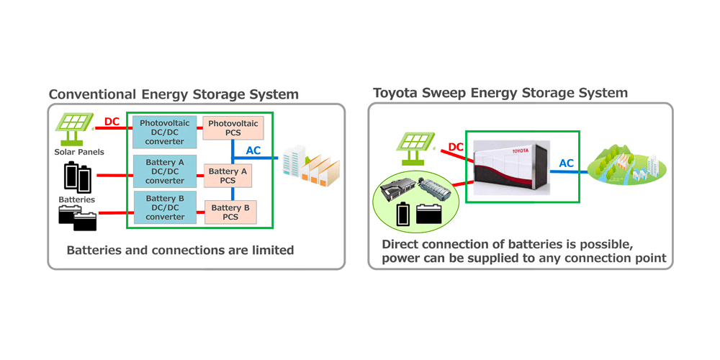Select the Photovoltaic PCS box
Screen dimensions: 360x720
tap(233, 129)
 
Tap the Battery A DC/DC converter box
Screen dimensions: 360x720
tap(165, 171)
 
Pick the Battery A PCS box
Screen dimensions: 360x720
tap(228, 176)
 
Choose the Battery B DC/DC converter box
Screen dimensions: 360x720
tap(165, 208)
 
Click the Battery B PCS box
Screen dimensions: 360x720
tap(230, 212)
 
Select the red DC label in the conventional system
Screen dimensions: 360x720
tap(112, 122)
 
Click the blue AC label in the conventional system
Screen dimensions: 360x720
tap(254, 150)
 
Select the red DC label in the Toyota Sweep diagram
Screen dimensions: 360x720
tap(456, 147)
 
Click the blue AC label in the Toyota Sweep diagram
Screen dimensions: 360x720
tap(567, 163)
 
